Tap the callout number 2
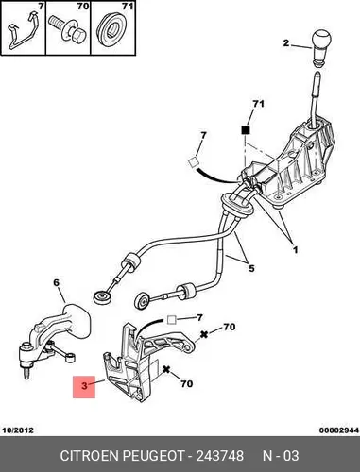pos(286,43)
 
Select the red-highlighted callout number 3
pos(84,386)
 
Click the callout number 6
pos(56,283)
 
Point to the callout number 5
pos(251,268)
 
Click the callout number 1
pos(295,250)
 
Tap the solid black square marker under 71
pos(246,130)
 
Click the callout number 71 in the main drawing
pos(258,104)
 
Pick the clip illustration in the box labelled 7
pos(22,31)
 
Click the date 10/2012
pos(18,430)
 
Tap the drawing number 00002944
pos(339,430)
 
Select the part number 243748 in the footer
pos(220,456)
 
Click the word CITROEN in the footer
pos(89,456)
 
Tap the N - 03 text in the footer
pos(281,456)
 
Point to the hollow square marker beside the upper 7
pos(193,162)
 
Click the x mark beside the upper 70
pos(204,334)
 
